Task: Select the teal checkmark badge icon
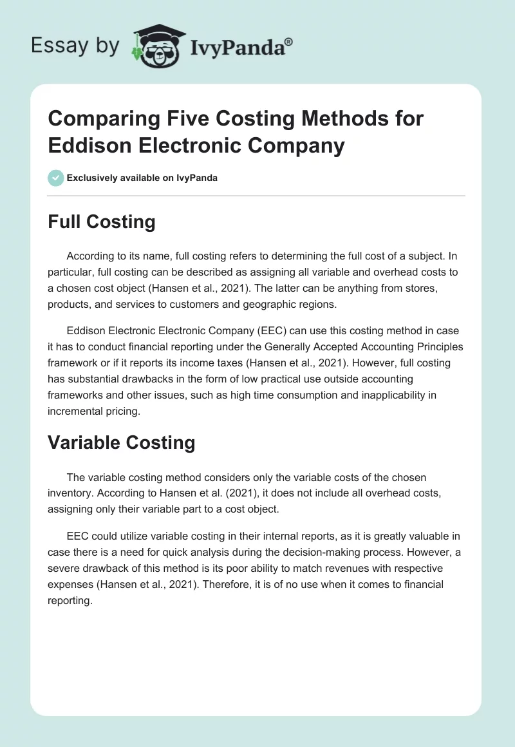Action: tap(56, 178)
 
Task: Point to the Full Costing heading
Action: tap(102, 222)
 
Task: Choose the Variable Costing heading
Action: tap(122, 442)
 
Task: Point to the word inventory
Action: tap(71, 493)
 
